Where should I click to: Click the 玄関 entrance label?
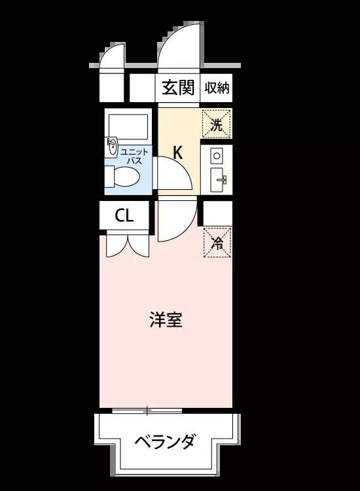178,87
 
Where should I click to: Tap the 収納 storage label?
217,88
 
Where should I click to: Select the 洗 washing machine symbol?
217,124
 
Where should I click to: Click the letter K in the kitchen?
178,153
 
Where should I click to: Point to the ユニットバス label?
134,156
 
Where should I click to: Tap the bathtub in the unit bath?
128,126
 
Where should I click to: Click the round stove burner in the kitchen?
217,155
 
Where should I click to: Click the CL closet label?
124,215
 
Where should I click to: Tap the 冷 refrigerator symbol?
217,242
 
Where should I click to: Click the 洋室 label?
166,319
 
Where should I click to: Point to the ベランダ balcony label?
166,442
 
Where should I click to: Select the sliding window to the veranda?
147,410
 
